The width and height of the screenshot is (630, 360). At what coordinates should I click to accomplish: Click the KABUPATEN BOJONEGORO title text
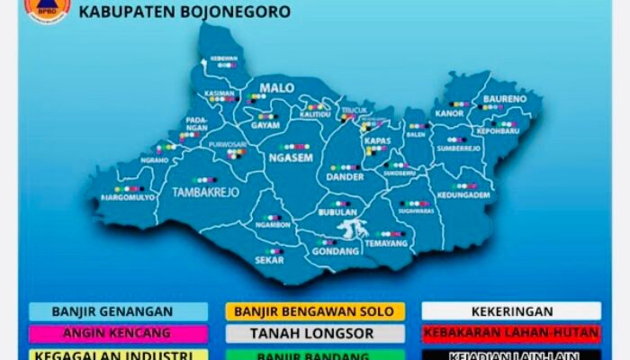click(x=184, y=13)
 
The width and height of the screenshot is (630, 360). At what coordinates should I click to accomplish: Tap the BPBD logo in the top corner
click(x=47, y=8)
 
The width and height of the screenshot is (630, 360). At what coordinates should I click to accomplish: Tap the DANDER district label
click(x=346, y=178)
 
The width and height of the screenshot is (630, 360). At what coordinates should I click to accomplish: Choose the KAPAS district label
click(x=376, y=140)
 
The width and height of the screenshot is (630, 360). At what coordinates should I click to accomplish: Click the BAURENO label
click(x=505, y=98)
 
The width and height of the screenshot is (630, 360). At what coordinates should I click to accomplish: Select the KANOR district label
click(x=449, y=114)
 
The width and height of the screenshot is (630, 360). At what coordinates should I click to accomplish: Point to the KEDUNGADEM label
click(x=465, y=195)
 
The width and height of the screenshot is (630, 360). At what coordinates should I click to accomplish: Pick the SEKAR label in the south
click(x=270, y=260)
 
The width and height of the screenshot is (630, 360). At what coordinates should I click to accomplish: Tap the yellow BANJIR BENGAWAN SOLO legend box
click(x=314, y=311)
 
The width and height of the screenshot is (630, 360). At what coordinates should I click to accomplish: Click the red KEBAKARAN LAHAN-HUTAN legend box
click(x=510, y=333)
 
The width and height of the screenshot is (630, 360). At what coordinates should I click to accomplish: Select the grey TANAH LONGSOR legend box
click(x=314, y=333)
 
